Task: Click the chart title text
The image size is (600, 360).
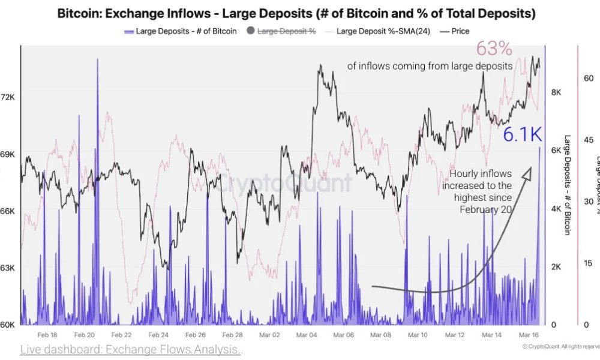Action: pyautogui.click(x=296, y=13)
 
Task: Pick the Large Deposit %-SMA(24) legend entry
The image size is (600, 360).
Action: pyautogui.click(x=383, y=31)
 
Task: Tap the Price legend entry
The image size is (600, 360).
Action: pyautogui.click(x=459, y=31)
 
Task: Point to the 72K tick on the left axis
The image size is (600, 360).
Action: pyautogui.click(x=8, y=97)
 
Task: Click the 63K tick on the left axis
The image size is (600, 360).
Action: pyautogui.click(x=8, y=268)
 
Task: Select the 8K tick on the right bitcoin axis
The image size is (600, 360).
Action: pyautogui.click(x=556, y=92)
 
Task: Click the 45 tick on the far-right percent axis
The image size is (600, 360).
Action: pyautogui.click(x=589, y=140)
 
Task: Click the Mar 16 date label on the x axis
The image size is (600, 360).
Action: pyautogui.click(x=527, y=335)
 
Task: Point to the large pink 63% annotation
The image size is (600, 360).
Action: pyautogui.click(x=494, y=48)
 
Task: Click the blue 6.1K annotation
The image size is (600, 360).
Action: pyautogui.click(x=522, y=135)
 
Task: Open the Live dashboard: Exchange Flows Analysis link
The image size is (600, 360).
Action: pyautogui.click(x=131, y=350)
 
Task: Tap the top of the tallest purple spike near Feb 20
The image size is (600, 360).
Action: pyautogui.click(x=97, y=60)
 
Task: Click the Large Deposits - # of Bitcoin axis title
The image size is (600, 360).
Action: pyautogui.click(x=566, y=184)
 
